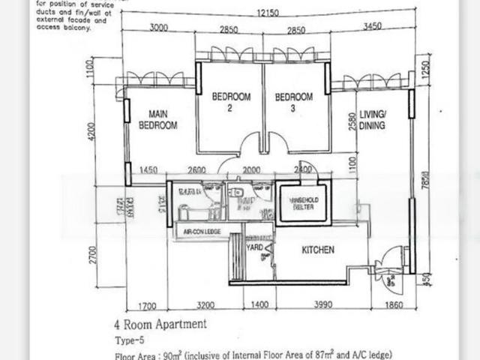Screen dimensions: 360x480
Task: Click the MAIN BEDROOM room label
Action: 157,121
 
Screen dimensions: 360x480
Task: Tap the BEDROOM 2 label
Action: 230,102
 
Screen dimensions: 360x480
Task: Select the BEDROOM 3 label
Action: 293,102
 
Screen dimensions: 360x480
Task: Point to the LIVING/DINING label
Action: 372,120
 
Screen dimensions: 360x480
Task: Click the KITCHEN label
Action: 317,250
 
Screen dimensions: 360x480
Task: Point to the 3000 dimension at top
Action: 158,28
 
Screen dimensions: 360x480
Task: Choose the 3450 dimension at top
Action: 372,28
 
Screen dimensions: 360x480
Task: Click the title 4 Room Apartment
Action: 160,325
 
